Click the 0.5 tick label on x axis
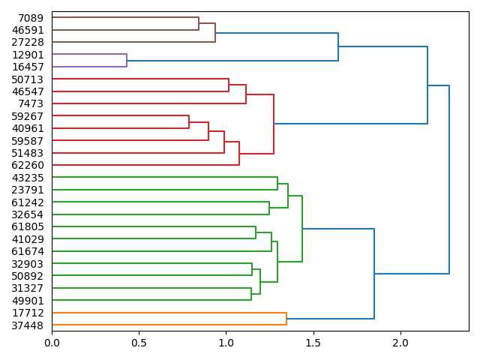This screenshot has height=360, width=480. [139, 343]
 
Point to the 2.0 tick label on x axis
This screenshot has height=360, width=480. [400, 343]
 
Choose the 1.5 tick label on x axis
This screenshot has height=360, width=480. [313, 343]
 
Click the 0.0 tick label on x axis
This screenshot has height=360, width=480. [52, 343]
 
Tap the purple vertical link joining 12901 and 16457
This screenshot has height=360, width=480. [127, 61]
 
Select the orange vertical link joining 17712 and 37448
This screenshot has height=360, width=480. [286, 319]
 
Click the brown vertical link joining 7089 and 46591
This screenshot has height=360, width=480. [199, 24]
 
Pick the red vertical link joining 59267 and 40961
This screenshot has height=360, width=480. [189, 122]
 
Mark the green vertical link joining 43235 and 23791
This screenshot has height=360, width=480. [277, 184]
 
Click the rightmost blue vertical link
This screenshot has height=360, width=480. [449, 180]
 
